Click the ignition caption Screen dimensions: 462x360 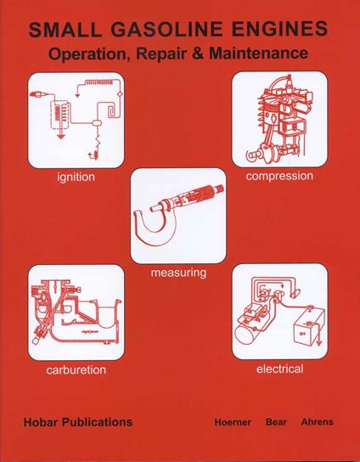76,177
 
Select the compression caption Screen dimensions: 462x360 279,176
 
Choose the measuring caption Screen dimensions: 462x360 177,273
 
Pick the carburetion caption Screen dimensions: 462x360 76,371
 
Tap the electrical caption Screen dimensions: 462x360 279,369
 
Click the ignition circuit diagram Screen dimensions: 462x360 76,120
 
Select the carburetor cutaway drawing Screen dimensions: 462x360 76,313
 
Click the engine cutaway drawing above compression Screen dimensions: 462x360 279,119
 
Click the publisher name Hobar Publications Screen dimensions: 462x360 78,421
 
